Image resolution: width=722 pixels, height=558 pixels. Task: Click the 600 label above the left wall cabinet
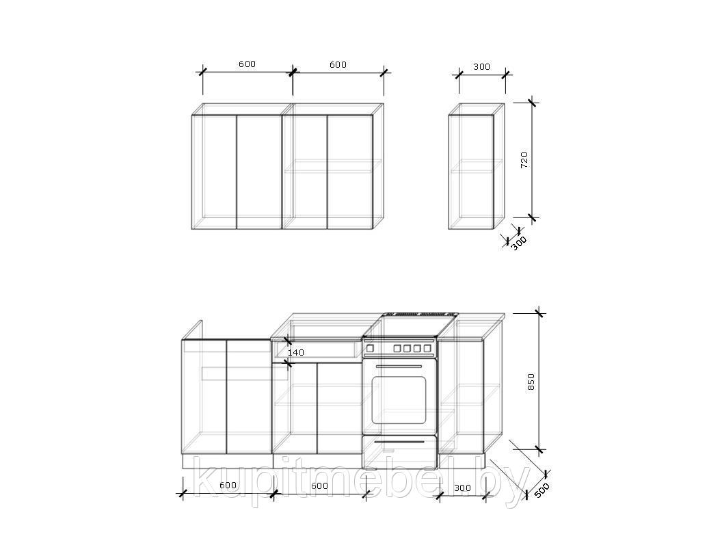[247, 64]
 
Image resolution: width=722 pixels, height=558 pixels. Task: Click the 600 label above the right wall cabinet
[338, 64]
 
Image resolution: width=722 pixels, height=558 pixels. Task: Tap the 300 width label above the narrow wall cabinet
[481, 67]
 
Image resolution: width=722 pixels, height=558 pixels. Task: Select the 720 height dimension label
[524, 159]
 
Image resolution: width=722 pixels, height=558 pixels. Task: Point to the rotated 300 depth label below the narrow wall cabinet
[519, 243]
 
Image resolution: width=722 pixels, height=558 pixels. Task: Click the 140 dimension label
[295, 352]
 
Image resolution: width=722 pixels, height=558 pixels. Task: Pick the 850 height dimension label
[531, 382]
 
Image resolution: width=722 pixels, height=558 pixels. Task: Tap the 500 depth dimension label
[542, 490]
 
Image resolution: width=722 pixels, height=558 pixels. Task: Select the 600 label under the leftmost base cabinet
[228, 486]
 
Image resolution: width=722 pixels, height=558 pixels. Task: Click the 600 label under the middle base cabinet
[319, 486]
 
